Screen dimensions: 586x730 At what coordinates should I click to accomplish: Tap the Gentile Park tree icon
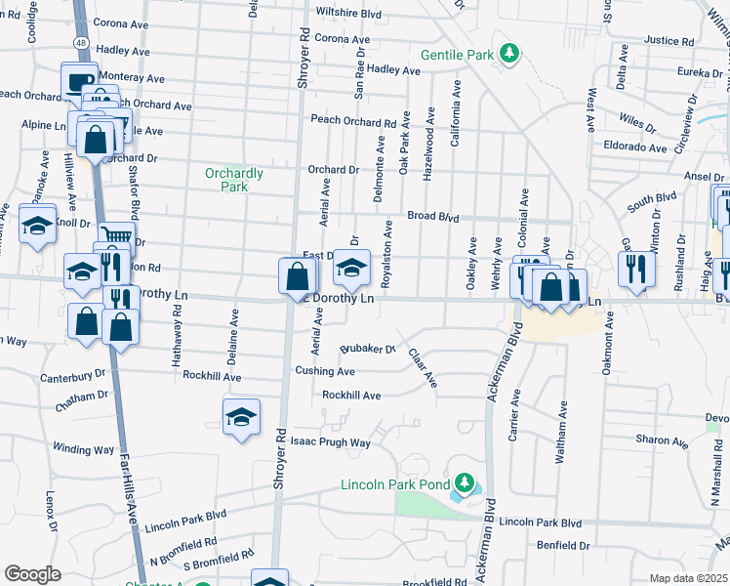point(507,53)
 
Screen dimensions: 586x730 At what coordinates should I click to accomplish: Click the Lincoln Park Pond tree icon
point(465,483)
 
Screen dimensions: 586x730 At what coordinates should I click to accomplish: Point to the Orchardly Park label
point(234,180)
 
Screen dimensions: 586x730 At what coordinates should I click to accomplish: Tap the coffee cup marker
point(78,80)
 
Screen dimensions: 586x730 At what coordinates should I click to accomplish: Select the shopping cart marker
point(116,235)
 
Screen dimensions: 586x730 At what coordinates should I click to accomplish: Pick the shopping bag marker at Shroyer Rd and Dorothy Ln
point(296,275)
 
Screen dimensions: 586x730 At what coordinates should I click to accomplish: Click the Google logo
point(32,574)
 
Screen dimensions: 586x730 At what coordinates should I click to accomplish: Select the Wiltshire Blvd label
point(348,15)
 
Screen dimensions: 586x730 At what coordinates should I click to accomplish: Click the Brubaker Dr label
point(367,348)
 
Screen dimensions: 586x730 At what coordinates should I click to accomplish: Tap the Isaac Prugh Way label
point(333,442)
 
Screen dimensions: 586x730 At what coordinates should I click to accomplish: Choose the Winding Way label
point(83,449)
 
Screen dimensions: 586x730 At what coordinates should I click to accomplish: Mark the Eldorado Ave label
point(635,147)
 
